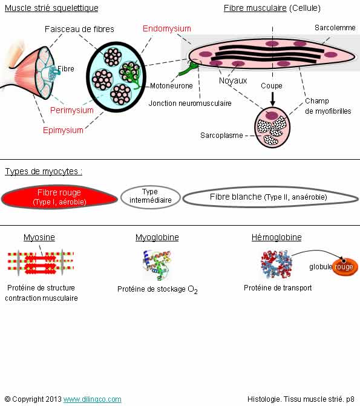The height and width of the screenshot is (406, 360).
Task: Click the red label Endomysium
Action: coord(167,28)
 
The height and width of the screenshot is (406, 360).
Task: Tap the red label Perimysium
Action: coord(72,110)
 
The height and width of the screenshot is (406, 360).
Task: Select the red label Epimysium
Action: coord(63,130)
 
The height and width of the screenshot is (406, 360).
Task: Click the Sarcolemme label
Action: coord(335,28)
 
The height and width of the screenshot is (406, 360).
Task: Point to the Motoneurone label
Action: coord(171,86)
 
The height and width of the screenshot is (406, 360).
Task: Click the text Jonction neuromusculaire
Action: coord(190,103)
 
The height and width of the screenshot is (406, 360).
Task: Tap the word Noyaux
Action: coord(233,81)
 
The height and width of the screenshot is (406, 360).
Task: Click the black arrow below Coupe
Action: coord(272,99)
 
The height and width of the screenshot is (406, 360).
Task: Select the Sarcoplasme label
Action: coord(221,136)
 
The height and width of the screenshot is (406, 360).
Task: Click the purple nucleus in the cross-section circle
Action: coord(272,115)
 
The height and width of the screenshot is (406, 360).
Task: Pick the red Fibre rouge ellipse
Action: coord(59,197)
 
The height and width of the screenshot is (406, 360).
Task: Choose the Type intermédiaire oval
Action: coord(151,197)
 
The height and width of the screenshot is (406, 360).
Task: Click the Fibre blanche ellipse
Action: coord(270,197)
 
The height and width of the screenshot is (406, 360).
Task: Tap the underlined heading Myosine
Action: coord(39,237)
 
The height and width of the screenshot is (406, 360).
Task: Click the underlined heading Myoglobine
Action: coord(157,237)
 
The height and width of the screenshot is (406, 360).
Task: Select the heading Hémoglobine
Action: coord(277,237)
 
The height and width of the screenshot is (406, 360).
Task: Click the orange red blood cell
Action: coord(345,266)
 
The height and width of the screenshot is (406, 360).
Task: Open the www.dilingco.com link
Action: coord(92,399)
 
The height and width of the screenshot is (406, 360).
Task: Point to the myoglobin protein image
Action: coord(157,265)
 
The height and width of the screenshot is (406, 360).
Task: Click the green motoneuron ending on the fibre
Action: coord(189,68)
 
